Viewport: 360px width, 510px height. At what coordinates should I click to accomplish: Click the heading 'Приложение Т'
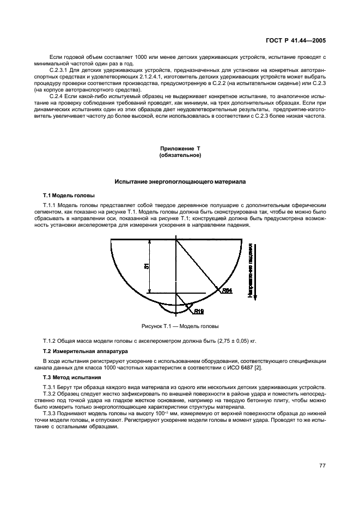click(x=180, y=149)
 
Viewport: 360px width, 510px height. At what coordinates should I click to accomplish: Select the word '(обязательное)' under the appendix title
click(x=180, y=155)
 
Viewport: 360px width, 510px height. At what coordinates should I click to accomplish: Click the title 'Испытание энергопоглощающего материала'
click(x=180, y=181)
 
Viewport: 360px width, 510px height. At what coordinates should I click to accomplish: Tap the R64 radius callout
click(x=227, y=291)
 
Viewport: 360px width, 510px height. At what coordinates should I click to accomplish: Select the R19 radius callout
click(x=199, y=312)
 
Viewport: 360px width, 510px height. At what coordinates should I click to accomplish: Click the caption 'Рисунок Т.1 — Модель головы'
click(x=180, y=326)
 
